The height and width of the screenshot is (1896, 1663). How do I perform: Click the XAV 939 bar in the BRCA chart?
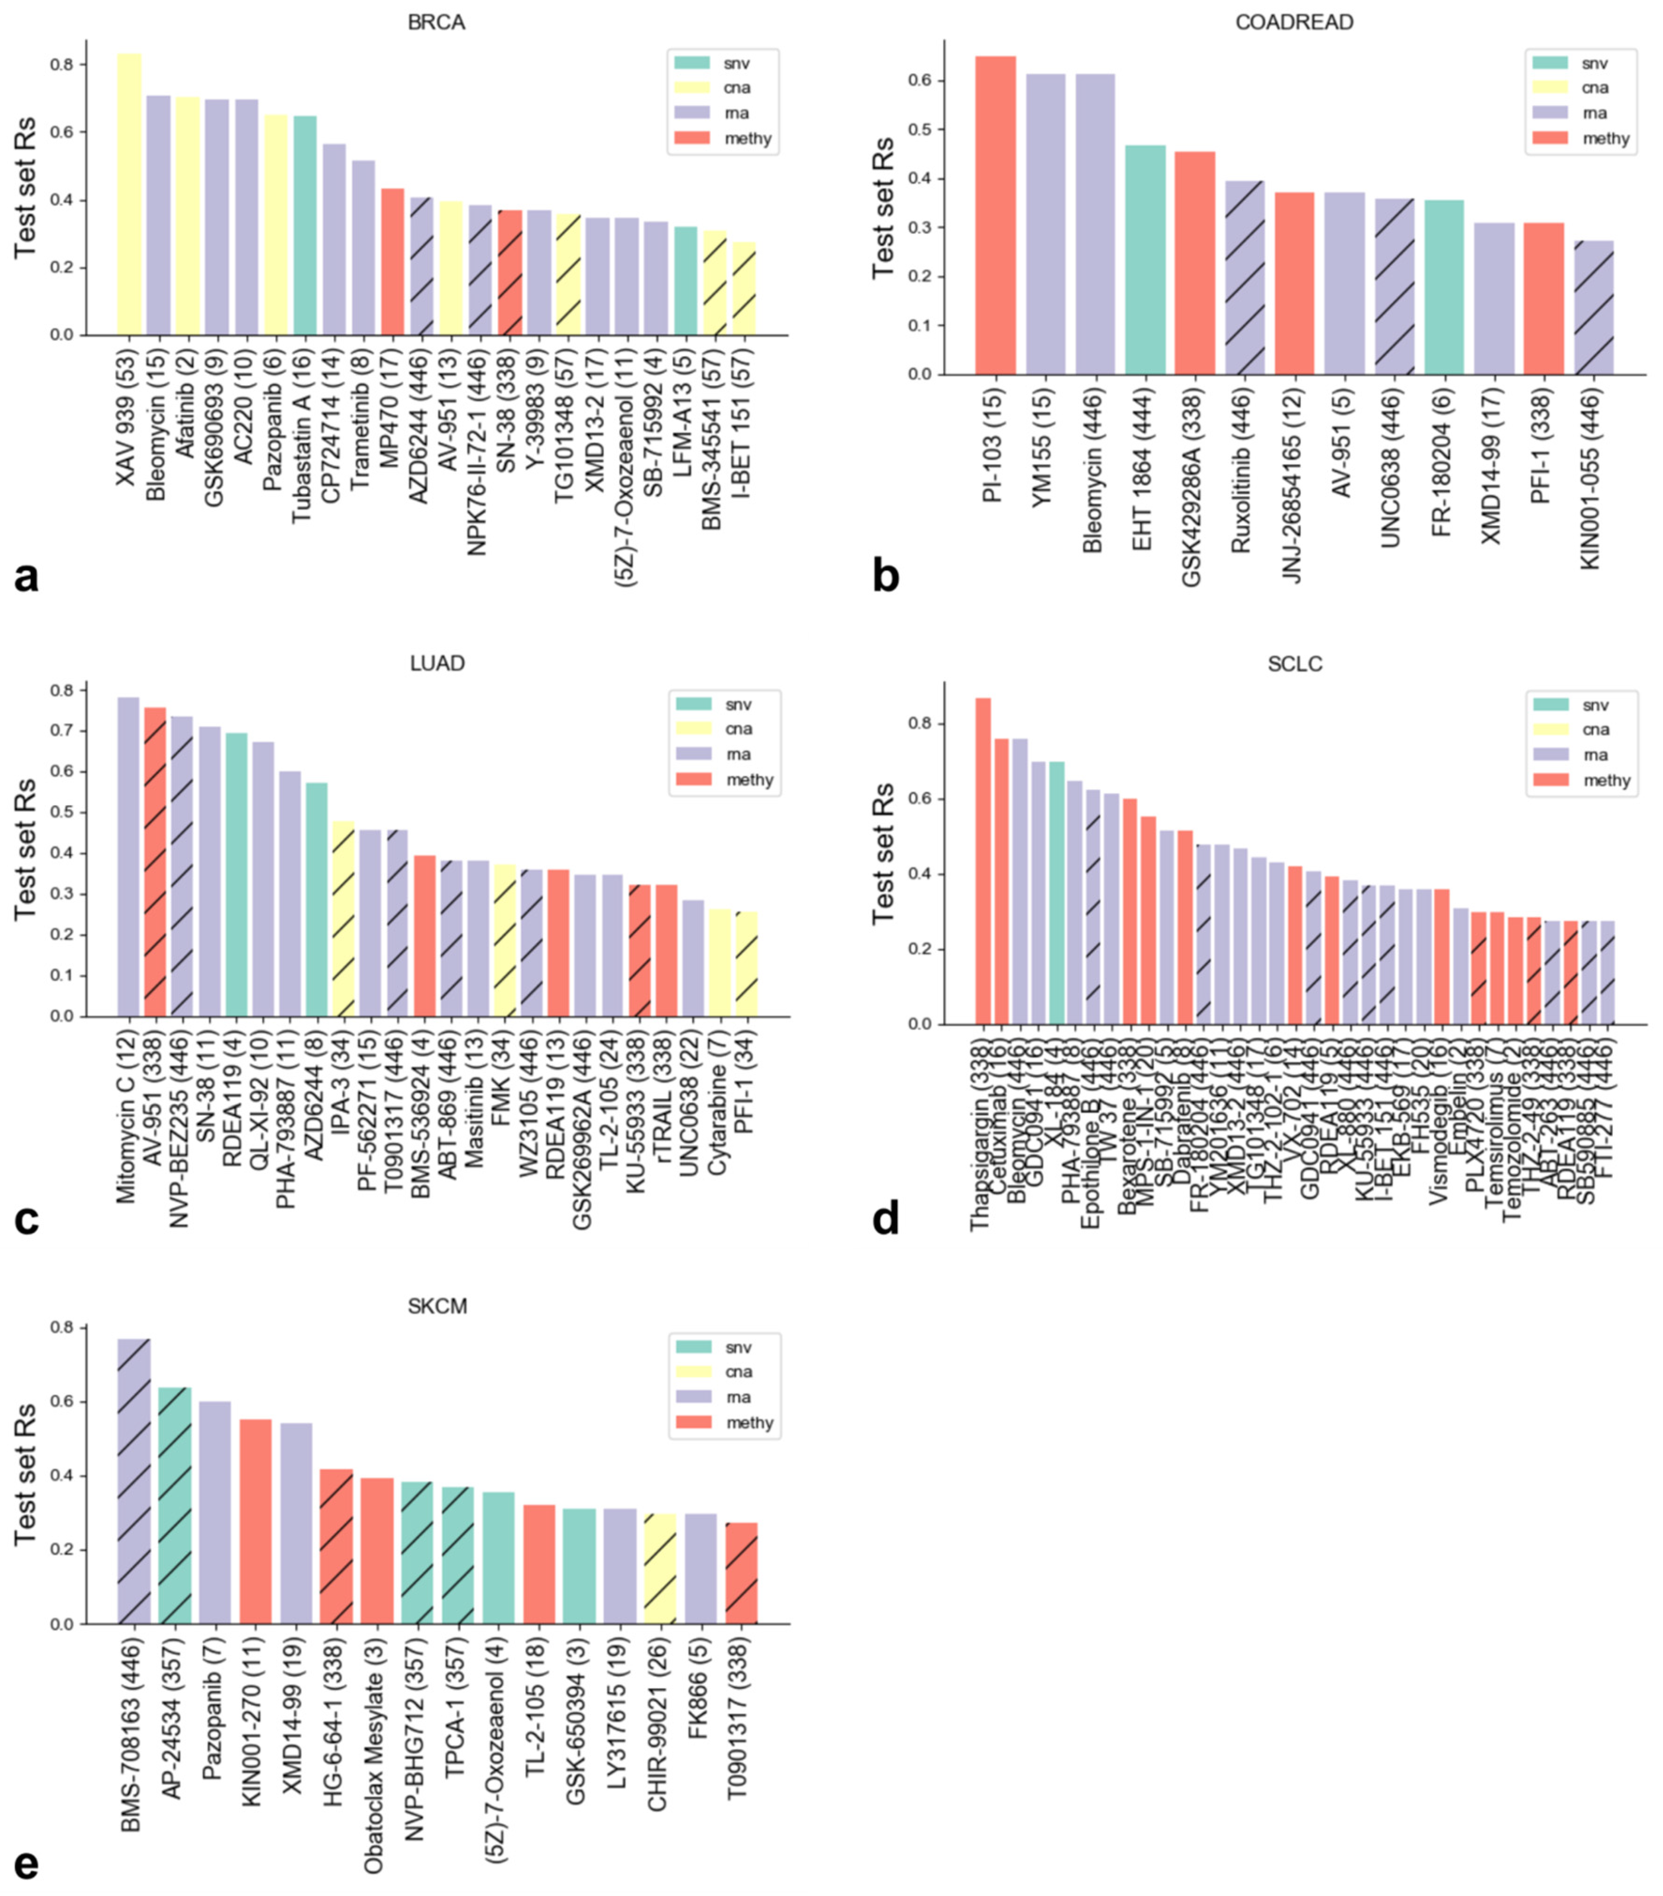tap(129, 195)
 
